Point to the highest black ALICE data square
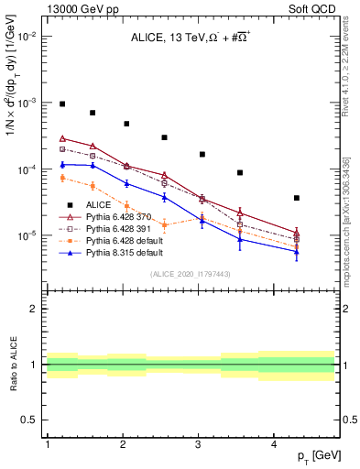(x=63, y=104)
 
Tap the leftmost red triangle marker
(x=63, y=138)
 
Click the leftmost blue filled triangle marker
(x=63, y=165)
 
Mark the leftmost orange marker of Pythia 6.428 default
(x=63, y=178)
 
